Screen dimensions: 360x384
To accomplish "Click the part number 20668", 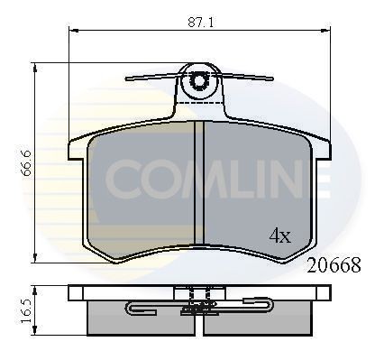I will pyautogui.click(x=334, y=266).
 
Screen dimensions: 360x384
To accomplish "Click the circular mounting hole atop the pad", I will pyautogui.click(x=199, y=82).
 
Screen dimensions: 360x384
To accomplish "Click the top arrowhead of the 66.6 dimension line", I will pyautogui.click(x=36, y=66).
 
